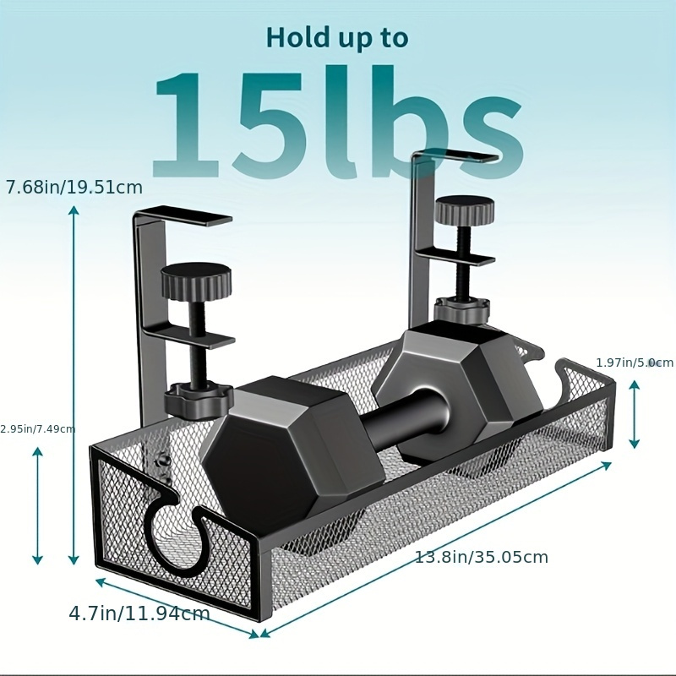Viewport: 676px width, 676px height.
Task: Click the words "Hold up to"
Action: pos(336,38)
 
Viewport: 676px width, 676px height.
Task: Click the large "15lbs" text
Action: pos(339,122)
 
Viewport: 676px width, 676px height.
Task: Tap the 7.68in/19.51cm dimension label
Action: pos(74,188)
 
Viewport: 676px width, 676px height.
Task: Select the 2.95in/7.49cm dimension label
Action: pos(37,429)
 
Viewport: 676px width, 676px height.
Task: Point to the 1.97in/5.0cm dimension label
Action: pos(635,363)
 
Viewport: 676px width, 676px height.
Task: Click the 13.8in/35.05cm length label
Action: pos(481,557)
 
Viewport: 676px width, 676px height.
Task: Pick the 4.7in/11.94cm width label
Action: pos(139,613)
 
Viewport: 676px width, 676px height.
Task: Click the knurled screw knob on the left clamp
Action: pos(196,283)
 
